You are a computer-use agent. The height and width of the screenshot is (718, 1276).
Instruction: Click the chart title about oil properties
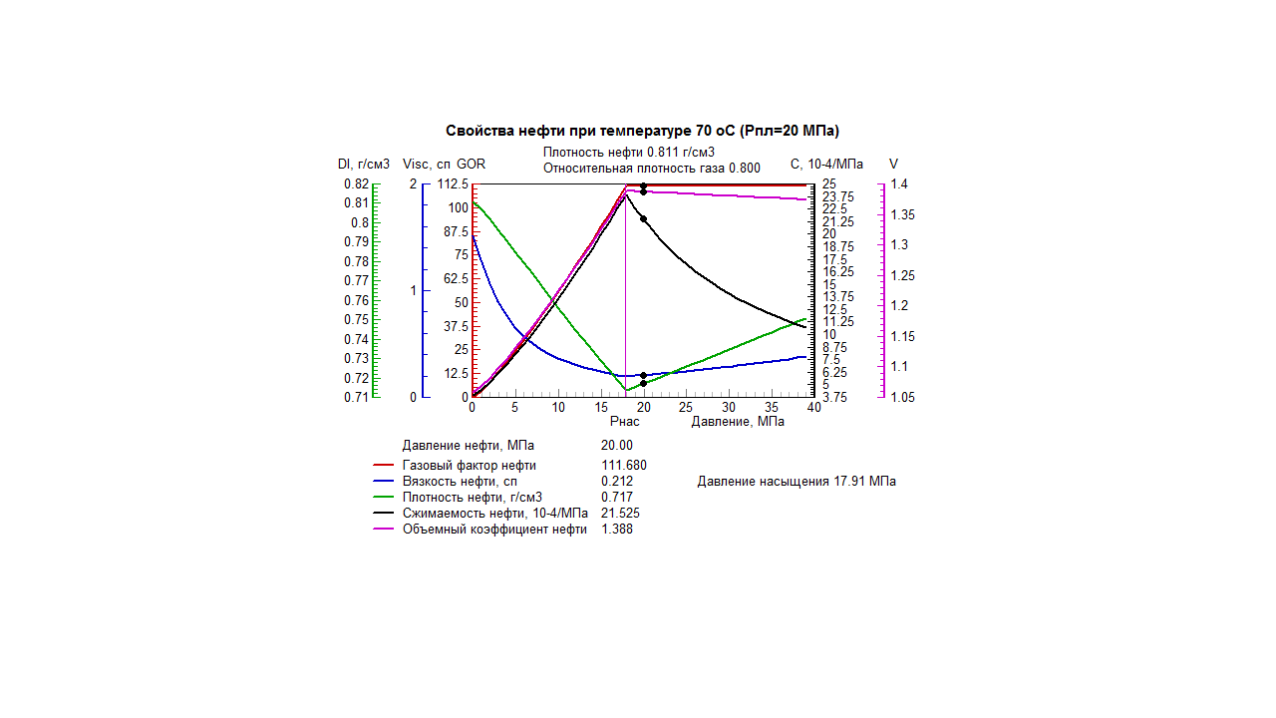point(643,131)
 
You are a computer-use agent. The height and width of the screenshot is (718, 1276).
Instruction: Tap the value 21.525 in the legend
point(620,514)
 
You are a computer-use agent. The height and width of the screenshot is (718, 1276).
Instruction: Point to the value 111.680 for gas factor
point(624,466)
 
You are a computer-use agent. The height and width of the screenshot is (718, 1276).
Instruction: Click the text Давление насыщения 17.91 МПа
point(797,482)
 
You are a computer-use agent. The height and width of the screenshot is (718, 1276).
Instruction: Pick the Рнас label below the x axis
point(624,422)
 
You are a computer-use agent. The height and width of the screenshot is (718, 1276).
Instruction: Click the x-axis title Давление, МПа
point(738,422)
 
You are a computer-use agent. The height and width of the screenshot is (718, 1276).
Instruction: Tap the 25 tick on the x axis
point(686,407)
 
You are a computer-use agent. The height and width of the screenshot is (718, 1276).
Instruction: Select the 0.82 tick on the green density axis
point(356,184)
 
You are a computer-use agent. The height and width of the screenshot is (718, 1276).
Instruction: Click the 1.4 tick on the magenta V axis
point(899,184)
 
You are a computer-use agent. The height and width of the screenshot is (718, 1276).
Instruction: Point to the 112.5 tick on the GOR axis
point(452,184)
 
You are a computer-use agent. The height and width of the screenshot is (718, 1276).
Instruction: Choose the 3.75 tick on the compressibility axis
point(835,397)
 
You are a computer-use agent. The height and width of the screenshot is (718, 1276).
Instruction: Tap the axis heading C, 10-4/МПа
point(826,164)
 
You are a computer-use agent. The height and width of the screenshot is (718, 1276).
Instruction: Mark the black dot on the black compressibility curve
point(644,219)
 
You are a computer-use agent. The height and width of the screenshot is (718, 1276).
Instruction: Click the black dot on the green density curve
point(644,383)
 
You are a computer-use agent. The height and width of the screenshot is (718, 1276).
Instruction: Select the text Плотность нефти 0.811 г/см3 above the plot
point(629,152)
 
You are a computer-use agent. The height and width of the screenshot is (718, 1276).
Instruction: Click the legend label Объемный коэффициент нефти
point(494,530)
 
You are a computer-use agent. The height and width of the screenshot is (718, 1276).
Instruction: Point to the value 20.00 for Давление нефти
point(617,446)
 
